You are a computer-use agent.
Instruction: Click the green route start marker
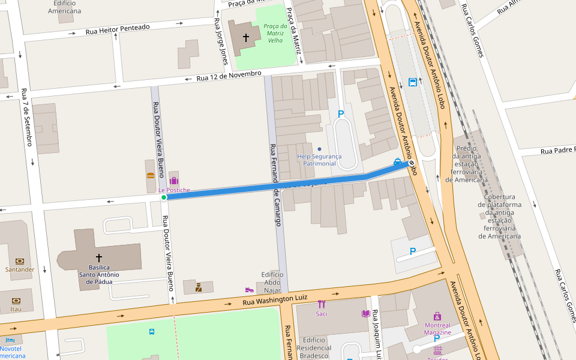[163, 197]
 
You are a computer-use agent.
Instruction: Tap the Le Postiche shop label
[174, 190]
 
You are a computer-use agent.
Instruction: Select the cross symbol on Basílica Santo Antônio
[99, 257]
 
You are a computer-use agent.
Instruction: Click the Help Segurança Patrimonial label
[319, 160]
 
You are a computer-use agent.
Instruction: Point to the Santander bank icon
[20, 261]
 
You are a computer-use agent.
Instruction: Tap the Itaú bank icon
[16, 301]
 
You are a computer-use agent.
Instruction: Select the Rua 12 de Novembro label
[229, 76]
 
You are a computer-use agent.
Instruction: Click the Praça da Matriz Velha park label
[275, 33]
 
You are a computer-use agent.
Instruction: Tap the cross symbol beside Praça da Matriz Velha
[245, 38]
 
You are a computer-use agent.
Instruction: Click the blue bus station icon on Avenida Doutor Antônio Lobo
[413, 82]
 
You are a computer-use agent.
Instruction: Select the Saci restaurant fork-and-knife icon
[322, 304]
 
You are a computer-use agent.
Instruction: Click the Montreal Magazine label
[437, 328]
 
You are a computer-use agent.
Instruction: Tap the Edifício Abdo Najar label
[272, 282]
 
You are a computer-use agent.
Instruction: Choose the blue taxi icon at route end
[397, 161]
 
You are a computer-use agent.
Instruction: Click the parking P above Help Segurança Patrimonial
[341, 113]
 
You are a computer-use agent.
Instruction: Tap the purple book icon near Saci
[365, 313]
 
